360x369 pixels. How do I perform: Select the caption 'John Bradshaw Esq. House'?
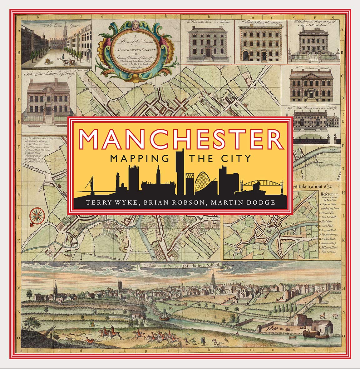(x=48, y=76)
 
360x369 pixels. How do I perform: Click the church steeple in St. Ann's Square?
(x=64, y=31)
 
